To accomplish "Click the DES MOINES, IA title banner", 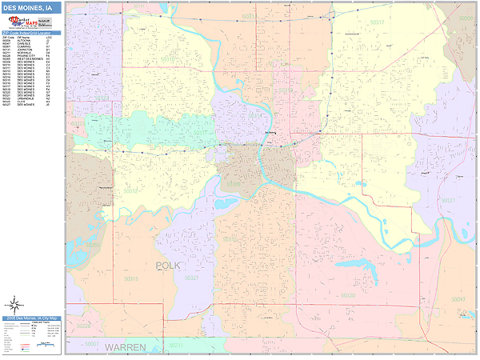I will [31, 9].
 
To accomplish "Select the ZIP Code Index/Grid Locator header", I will [32, 32].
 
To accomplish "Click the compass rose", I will [14, 305].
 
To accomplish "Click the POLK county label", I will [170, 265].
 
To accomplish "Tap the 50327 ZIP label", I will [446, 199].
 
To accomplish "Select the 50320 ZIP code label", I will [348, 295].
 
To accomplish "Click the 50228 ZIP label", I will [83, 327].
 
